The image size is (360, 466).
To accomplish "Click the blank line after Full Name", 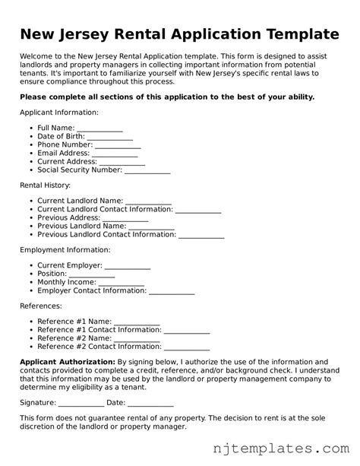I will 99,128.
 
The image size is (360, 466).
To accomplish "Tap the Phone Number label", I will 65,144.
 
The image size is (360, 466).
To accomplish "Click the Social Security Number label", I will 79,170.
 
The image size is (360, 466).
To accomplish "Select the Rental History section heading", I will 45,185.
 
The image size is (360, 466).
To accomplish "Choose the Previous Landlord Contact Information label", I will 106,235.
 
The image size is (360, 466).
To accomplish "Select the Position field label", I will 52,274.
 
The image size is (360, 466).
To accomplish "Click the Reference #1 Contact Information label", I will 99,331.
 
